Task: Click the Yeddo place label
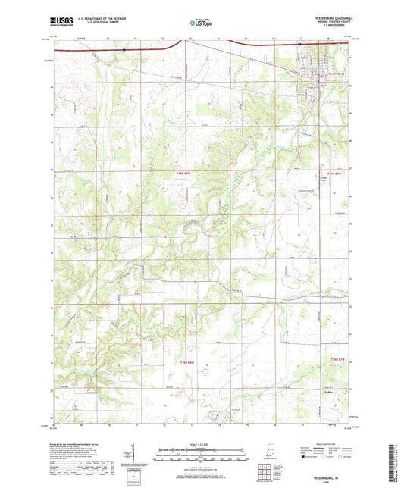click(x=308, y=393)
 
